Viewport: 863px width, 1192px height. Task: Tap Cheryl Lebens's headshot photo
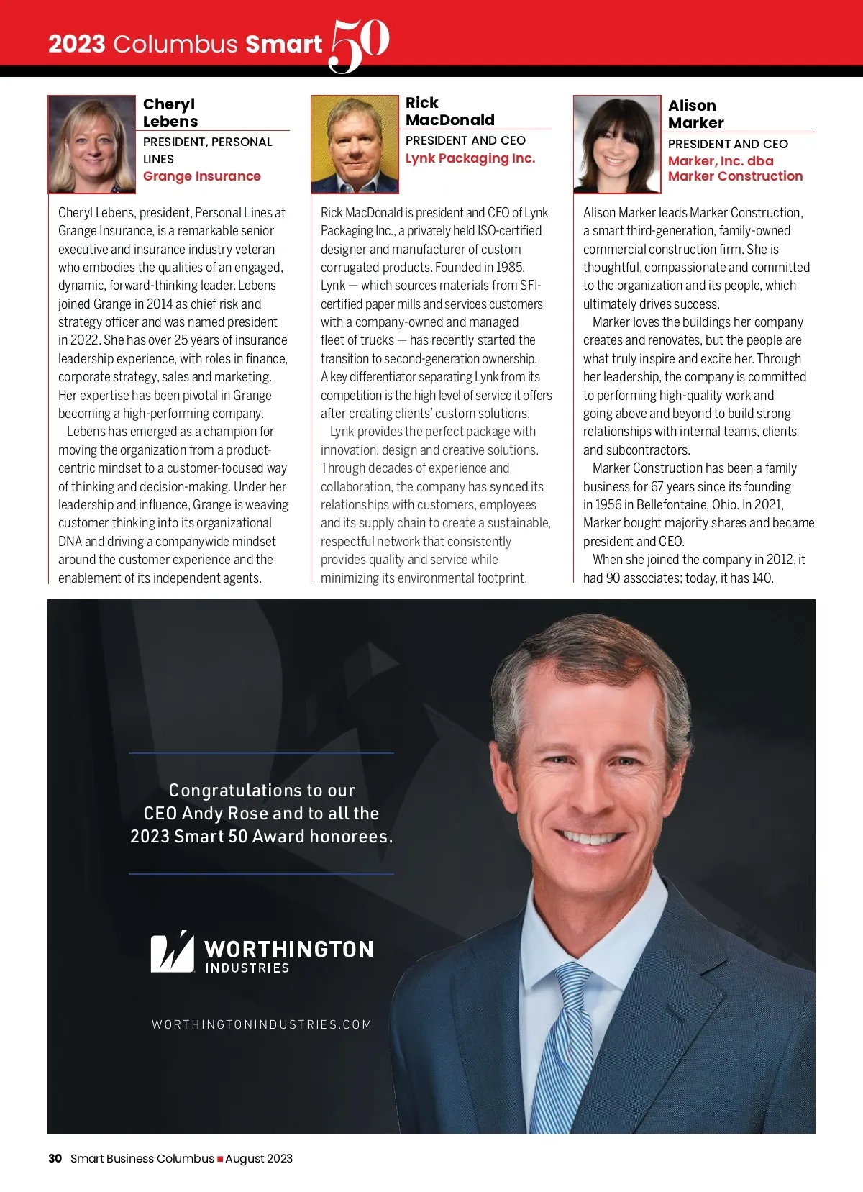92,145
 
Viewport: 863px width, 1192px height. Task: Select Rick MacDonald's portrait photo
355,145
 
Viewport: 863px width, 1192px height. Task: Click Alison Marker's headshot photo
617,145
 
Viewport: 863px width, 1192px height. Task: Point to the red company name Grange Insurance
201,176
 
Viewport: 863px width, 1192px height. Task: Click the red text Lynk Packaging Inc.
470,158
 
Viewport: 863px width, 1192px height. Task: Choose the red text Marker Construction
735,176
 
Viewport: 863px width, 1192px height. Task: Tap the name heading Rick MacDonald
449,112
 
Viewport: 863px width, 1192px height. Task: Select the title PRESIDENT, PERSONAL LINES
207,150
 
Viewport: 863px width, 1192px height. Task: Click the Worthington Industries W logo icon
172,952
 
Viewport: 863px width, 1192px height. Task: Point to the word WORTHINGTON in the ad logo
288,950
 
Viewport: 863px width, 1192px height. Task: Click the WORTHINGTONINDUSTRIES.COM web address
262,1024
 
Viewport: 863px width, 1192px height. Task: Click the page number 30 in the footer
55,1158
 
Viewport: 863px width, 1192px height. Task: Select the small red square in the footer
220,1159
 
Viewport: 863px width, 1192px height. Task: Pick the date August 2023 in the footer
259,1158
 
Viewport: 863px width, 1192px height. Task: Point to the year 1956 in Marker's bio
608,505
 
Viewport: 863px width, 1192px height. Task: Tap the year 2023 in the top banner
77,44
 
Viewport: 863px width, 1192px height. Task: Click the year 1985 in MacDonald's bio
509,268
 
